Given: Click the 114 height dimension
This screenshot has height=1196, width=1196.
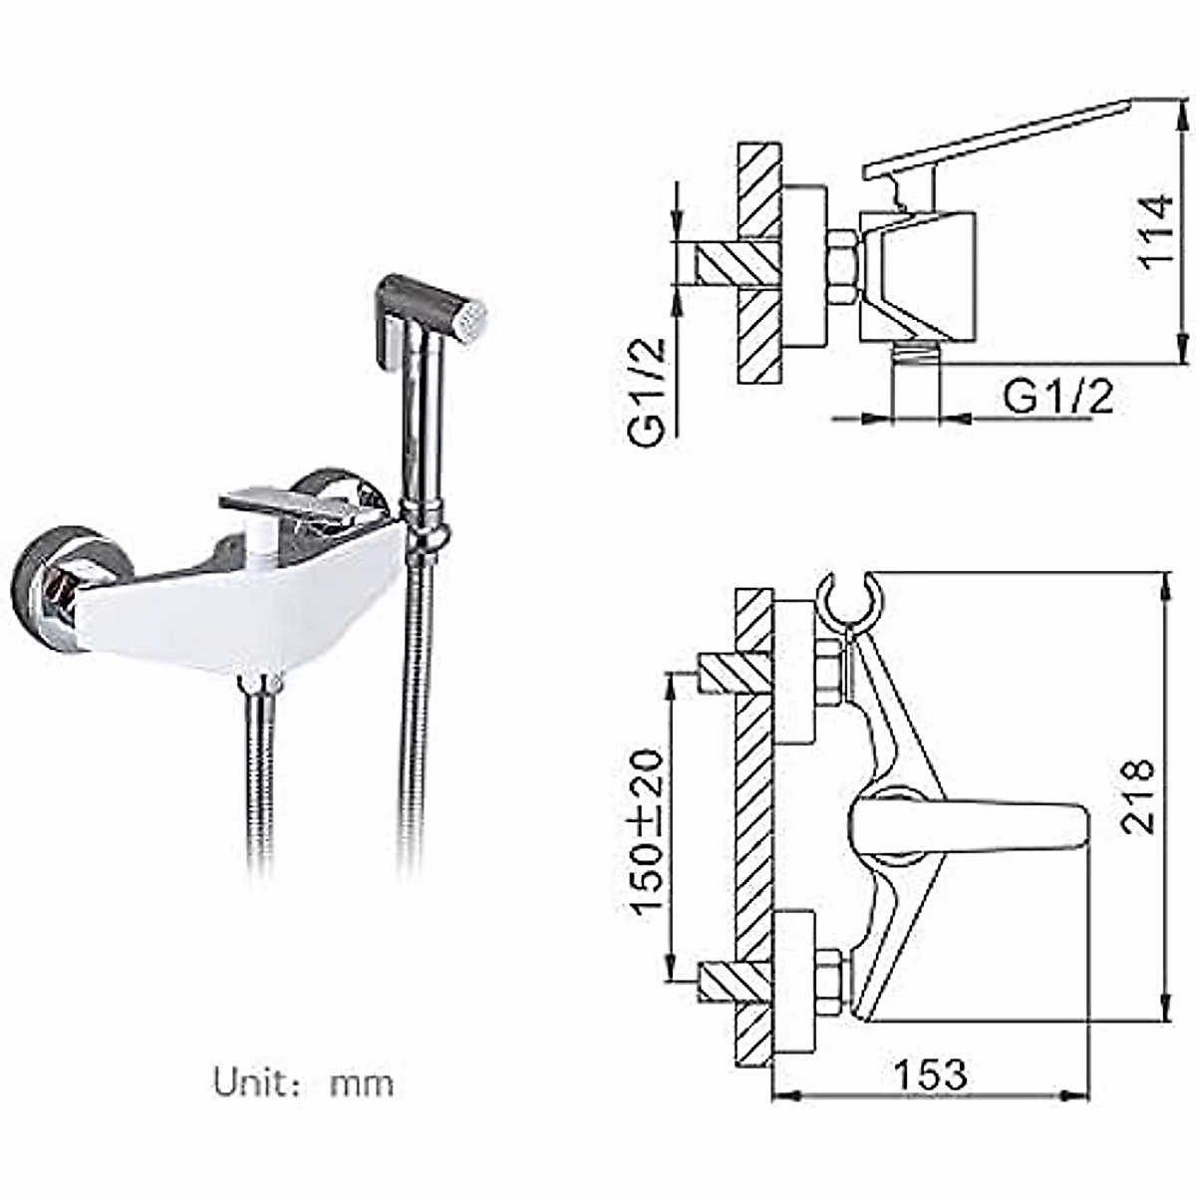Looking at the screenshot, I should click(x=1156, y=231).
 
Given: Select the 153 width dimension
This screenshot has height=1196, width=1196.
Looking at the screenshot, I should click(x=929, y=1074).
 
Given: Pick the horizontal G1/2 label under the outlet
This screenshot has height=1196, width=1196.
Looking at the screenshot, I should click(x=1057, y=398).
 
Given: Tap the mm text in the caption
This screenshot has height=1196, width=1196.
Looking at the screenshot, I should click(x=361, y=1083).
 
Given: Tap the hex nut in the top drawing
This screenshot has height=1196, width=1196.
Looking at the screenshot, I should click(x=841, y=267).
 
